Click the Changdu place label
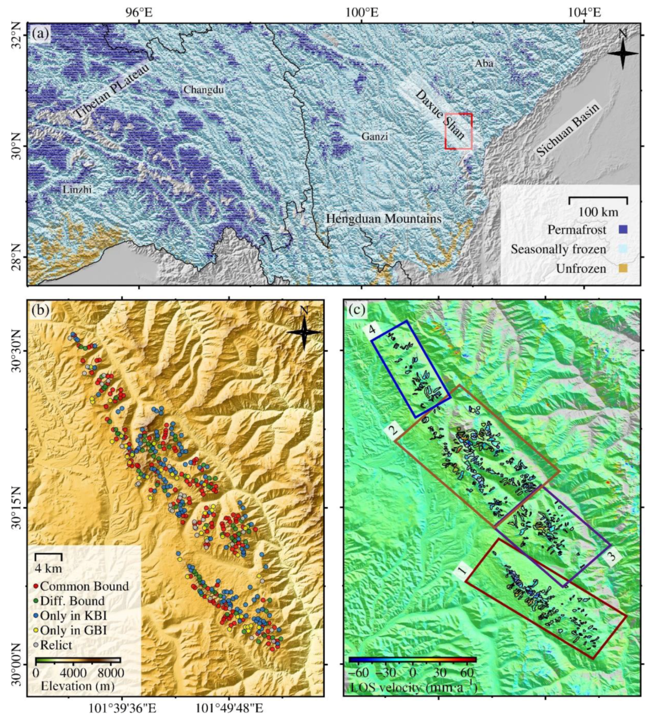(203, 90)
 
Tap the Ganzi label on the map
(374, 137)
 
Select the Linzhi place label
(77, 189)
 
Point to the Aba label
(484, 63)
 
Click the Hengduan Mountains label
(383, 218)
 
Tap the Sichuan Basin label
(568, 130)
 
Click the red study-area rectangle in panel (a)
(458, 131)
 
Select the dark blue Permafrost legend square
(623, 230)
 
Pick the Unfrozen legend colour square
(623, 269)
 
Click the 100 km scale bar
(598, 199)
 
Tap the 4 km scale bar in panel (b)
(49, 555)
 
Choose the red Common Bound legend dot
(36, 587)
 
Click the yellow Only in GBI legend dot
(36, 630)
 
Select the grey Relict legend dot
(36, 645)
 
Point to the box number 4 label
(372, 330)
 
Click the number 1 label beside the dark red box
(462, 571)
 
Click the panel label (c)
(357, 310)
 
